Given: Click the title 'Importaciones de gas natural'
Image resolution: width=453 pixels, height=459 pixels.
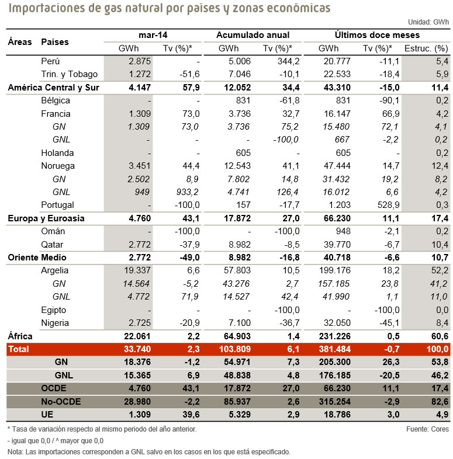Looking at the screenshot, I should [x=170, y=9].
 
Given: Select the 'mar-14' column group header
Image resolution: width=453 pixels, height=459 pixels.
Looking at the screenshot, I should [x=153, y=35].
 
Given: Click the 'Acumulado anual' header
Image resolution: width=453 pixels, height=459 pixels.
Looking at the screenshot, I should [x=253, y=35].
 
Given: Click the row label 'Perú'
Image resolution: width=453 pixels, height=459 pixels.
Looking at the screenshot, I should [x=51, y=61].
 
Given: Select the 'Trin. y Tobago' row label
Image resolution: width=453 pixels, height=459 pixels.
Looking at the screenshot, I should [x=70, y=74].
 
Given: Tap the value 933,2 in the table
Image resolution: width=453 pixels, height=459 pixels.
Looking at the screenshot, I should [x=187, y=192].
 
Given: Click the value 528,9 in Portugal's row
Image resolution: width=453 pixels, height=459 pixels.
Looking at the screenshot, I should [x=387, y=205].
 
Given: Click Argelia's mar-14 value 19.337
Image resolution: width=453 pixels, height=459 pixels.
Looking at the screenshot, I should [x=137, y=270].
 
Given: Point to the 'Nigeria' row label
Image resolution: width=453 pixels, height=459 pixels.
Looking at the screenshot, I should [x=56, y=323].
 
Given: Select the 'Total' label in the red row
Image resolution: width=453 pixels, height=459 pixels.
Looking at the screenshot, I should [x=19, y=349].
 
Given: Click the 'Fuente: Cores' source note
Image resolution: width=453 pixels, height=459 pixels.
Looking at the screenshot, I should [x=427, y=429].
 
